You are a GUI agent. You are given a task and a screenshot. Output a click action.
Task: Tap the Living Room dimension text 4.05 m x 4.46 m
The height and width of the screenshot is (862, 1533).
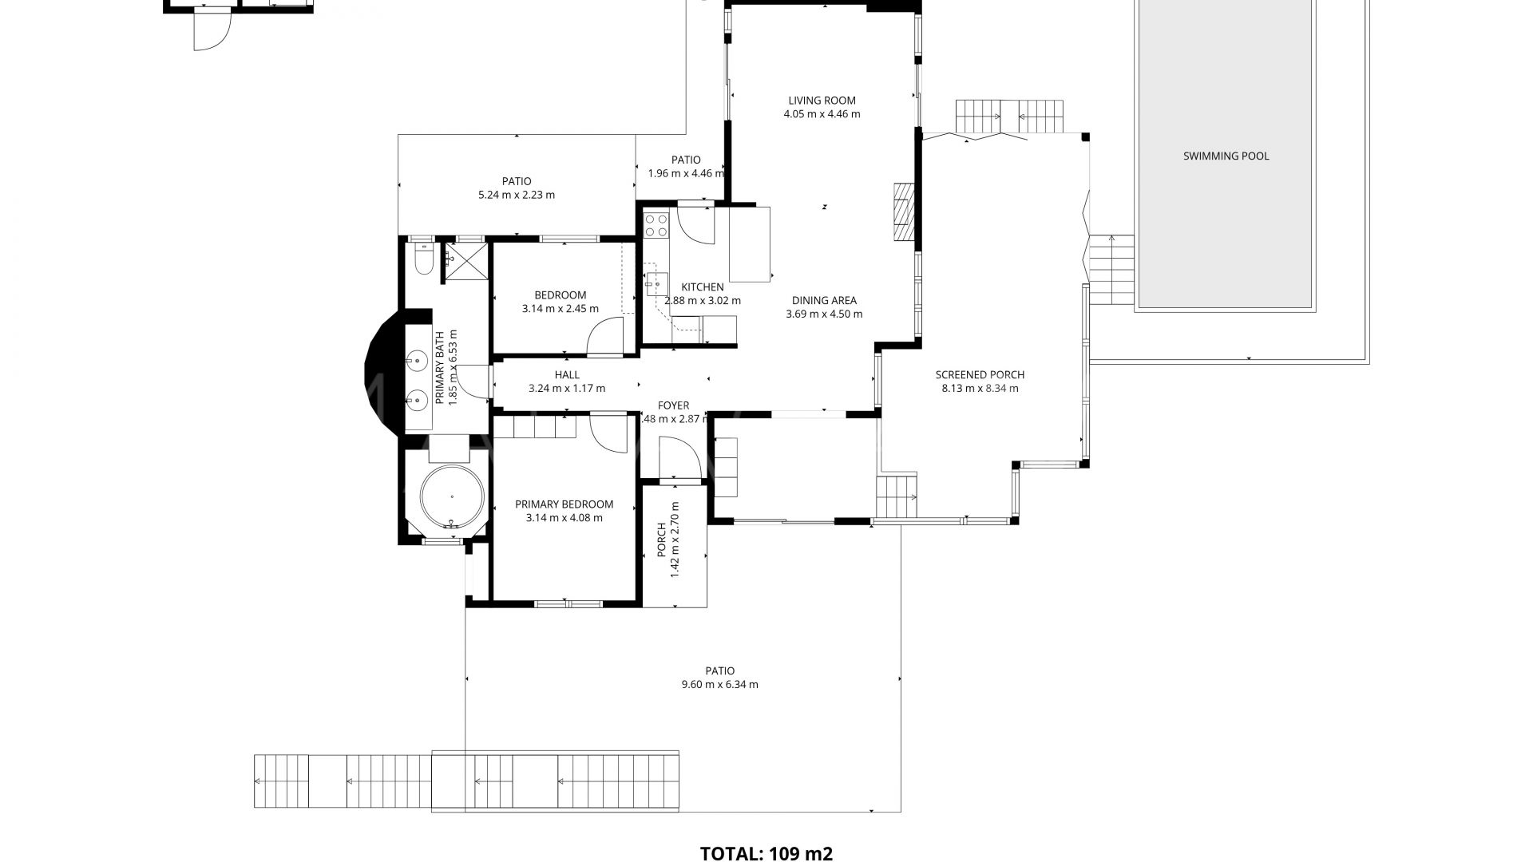[x=822, y=114]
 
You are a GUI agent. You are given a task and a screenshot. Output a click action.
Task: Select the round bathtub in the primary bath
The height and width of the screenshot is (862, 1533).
[x=452, y=496]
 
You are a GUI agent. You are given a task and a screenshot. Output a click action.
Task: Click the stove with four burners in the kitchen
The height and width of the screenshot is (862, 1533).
[x=656, y=224]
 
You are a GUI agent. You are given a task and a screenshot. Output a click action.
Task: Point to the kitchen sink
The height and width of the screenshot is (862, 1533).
[x=657, y=283]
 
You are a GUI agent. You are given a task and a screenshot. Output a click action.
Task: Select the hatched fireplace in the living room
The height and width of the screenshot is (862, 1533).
[x=902, y=212]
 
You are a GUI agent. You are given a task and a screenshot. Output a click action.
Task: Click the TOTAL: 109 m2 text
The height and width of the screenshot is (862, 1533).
[x=766, y=853]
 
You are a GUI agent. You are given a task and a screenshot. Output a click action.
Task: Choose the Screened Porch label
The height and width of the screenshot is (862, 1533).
[x=979, y=374]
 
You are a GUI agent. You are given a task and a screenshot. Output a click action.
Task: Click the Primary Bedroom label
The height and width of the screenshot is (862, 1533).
[x=564, y=504]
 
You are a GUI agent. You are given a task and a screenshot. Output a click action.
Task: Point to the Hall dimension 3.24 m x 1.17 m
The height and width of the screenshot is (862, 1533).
[x=566, y=389]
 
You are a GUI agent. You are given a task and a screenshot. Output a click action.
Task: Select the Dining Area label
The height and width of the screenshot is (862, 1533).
[x=824, y=300]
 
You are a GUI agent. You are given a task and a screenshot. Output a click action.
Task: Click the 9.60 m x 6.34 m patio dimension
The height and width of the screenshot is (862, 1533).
[x=719, y=684]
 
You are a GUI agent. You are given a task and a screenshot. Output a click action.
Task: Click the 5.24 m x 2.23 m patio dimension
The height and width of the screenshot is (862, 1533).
[x=516, y=195]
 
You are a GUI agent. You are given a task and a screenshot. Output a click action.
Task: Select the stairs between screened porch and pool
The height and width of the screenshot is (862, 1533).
[x=1112, y=271]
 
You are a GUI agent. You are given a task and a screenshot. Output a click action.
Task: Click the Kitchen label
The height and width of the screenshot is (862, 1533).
[x=702, y=287]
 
